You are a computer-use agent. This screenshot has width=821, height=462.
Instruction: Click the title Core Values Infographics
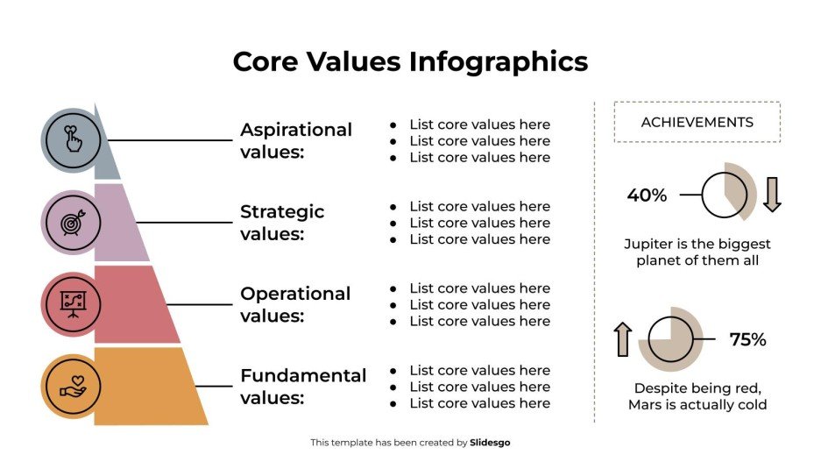(x=410, y=62)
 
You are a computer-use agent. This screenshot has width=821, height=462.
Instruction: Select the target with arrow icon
(x=71, y=223)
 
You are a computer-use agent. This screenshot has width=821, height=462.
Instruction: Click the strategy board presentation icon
(x=71, y=304)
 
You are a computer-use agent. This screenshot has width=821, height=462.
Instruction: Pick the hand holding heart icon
(x=71, y=386)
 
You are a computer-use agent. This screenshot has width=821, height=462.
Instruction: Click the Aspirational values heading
(x=296, y=140)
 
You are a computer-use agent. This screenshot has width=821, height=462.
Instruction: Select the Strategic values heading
(x=282, y=223)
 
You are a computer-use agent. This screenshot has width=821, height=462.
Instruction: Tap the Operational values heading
(x=295, y=304)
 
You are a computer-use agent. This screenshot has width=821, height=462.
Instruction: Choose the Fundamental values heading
(x=303, y=386)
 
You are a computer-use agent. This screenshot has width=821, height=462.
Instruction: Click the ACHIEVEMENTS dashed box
(x=697, y=122)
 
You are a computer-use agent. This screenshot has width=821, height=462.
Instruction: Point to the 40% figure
(x=647, y=195)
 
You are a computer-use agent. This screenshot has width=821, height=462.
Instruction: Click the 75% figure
(x=747, y=339)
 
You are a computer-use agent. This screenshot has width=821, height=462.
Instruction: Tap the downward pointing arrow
(x=771, y=195)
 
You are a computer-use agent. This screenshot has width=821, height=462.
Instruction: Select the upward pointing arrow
(x=623, y=339)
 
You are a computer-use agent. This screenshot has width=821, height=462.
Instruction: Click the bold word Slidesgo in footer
(x=490, y=443)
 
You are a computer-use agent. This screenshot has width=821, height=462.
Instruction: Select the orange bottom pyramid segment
(x=149, y=386)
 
